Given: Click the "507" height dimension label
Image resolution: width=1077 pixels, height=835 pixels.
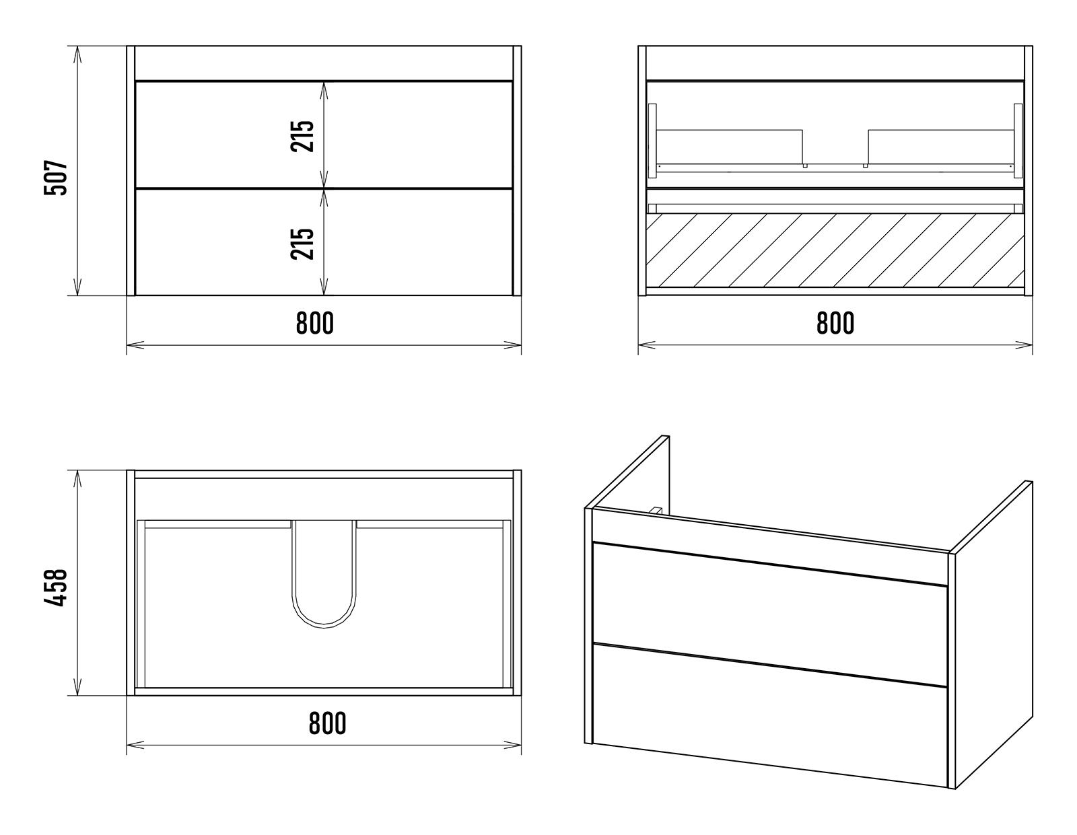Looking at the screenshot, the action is [x=55, y=178].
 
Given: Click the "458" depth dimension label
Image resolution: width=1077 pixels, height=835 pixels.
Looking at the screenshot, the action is [x=55, y=588].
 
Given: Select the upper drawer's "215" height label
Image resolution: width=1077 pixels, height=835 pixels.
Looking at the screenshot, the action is [x=302, y=136].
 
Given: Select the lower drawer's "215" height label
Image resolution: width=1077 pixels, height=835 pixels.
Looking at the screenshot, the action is [x=302, y=244].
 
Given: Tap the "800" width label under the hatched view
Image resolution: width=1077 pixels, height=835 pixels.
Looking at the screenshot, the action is [x=835, y=323].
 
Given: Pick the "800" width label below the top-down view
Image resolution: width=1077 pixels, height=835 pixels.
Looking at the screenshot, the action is [x=327, y=723].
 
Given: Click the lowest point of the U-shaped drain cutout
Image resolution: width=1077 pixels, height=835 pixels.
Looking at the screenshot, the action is [x=324, y=628].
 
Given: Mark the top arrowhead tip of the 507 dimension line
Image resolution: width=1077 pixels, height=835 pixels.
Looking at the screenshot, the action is [x=77, y=46].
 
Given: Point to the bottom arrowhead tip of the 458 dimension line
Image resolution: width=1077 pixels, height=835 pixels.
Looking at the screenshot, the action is [x=77, y=695].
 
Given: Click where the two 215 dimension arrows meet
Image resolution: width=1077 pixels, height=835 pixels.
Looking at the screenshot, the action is [x=324, y=188].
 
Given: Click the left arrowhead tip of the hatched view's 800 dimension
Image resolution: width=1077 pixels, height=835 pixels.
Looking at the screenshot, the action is [x=638, y=345].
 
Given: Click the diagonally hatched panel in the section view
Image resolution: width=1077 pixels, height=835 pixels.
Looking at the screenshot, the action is [x=835, y=250].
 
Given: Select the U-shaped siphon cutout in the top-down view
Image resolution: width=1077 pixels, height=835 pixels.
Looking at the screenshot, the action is [x=324, y=574].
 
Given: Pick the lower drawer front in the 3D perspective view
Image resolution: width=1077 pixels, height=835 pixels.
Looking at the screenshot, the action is [x=769, y=715].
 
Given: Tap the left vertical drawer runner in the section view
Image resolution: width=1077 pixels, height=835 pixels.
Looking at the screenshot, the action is [x=652, y=141].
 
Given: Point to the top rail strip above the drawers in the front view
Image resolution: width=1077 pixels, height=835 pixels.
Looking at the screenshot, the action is [x=324, y=63].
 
